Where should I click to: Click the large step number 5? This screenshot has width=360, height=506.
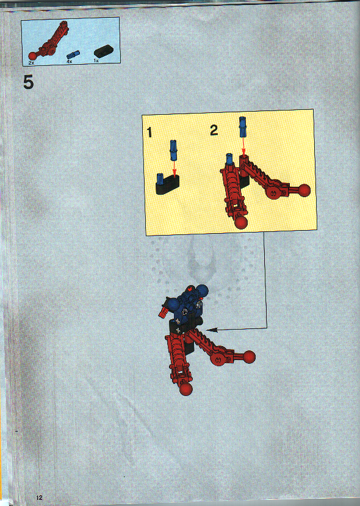[x=28, y=82]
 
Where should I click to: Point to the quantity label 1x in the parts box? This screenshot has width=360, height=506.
[x=96, y=62]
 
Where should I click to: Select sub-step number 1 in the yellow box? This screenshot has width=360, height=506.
[x=149, y=131]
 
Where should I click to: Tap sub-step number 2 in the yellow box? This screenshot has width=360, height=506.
[x=214, y=129]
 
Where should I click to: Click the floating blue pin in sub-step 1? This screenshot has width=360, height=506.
[x=173, y=150]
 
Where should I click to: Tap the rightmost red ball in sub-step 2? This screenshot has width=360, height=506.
[x=304, y=190]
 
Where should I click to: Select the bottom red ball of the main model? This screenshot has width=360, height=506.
[x=187, y=388]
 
